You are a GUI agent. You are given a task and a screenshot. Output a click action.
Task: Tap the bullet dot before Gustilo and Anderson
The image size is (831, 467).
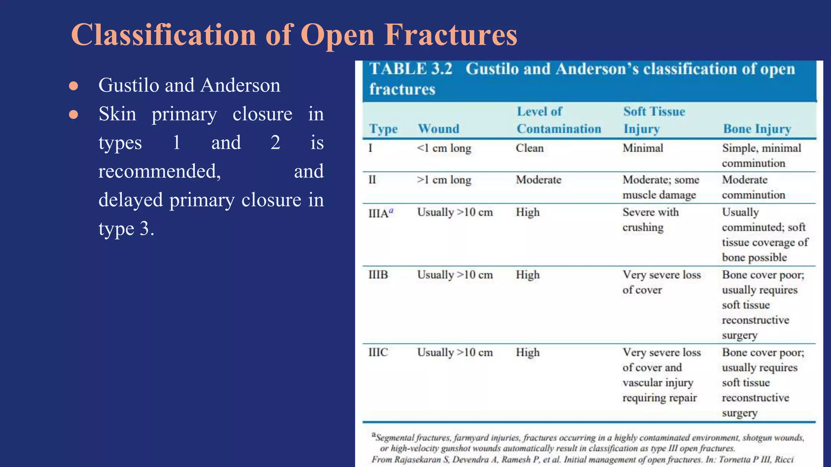[x=73, y=86]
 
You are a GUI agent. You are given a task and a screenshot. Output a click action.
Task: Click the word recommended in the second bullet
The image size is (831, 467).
[x=159, y=171]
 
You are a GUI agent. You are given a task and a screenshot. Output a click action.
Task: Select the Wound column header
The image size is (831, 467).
[x=439, y=129]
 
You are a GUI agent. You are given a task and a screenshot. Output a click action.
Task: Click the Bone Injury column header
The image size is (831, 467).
[x=757, y=129]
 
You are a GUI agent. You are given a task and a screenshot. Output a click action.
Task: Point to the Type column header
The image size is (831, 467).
[x=383, y=129]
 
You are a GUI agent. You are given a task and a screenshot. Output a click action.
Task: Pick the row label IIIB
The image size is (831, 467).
[x=378, y=275]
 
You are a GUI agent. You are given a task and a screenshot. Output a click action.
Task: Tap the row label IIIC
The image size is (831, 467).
[x=378, y=352]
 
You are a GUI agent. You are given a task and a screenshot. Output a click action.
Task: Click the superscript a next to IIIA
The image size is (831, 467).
[x=391, y=210]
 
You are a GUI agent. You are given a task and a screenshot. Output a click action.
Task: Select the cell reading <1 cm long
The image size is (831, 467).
[x=444, y=148]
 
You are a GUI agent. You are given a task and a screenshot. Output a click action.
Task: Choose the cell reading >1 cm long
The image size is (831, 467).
[x=444, y=180]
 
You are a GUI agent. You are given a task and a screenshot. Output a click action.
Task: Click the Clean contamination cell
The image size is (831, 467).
[x=530, y=148]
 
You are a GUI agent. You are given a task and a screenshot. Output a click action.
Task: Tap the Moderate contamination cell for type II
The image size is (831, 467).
[x=538, y=180]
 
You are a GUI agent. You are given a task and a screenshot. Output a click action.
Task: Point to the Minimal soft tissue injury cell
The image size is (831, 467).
[x=643, y=148]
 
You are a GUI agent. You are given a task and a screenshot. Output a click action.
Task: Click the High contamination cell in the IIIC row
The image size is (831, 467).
[x=527, y=353]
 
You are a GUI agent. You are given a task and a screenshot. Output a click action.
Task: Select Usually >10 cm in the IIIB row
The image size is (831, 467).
[x=455, y=275]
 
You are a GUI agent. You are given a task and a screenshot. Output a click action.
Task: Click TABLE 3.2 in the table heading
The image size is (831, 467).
[x=411, y=69]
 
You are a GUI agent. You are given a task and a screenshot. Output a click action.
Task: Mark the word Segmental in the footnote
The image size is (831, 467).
[x=395, y=438]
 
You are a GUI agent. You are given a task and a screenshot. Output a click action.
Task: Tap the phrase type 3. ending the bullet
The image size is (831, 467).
[x=126, y=229]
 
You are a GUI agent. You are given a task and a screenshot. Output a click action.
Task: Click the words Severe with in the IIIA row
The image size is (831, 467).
[x=650, y=212]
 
